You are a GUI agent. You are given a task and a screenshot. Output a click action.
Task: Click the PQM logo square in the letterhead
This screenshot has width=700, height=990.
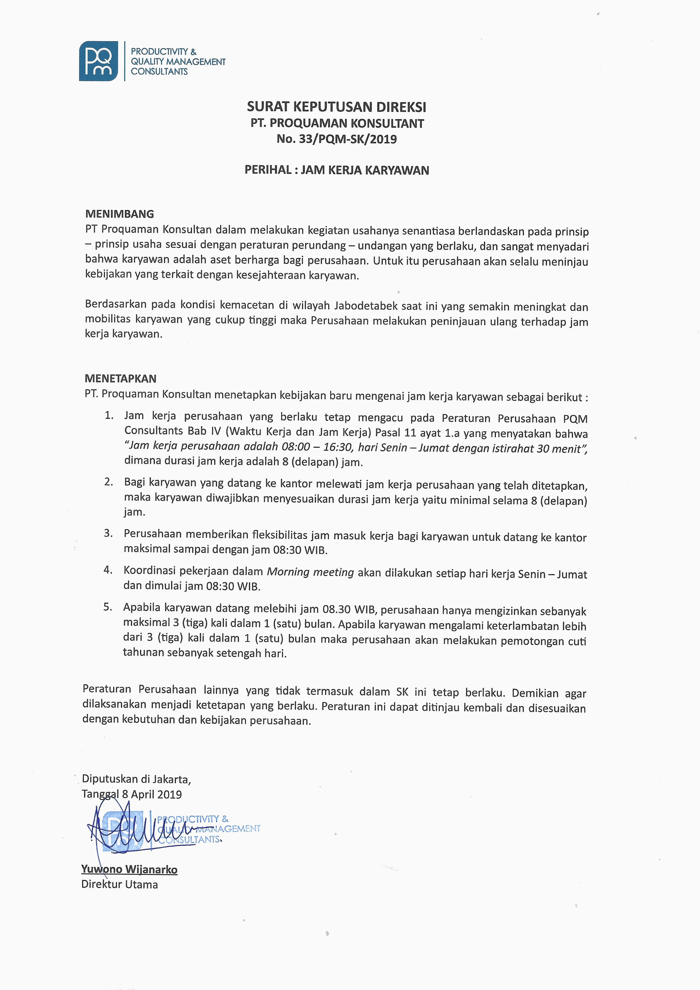98,61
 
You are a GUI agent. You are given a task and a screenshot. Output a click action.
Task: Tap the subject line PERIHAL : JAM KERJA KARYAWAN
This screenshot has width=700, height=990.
337,170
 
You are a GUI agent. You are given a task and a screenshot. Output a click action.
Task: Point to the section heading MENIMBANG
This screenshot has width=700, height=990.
119,214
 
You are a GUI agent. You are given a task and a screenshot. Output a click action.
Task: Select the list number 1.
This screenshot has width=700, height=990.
109,416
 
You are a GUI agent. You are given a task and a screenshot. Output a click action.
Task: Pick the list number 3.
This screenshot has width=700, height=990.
108,533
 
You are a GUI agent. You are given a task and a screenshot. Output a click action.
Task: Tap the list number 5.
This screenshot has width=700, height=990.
108,607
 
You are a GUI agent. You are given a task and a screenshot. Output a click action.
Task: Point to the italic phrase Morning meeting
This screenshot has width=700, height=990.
310,572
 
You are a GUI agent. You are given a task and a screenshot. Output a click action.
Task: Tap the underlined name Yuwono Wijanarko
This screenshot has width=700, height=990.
129,869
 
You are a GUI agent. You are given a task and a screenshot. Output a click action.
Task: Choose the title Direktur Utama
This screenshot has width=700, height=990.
119,884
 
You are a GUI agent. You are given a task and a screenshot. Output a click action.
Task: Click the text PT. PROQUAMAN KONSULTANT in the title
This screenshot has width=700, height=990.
337,123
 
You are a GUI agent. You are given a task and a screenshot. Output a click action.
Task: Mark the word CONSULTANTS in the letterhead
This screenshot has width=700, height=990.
159,72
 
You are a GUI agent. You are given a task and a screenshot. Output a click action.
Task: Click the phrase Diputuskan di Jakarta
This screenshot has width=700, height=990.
136,779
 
